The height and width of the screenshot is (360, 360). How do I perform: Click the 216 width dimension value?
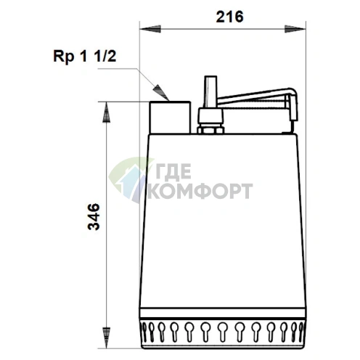click(x=229, y=17)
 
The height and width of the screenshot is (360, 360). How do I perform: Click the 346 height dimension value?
click(x=94, y=216)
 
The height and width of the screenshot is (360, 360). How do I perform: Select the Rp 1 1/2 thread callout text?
click(x=85, y=57)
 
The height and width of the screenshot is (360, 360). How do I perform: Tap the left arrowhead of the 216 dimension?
click(x=150, y=29)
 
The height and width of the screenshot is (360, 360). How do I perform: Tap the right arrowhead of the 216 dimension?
click(x=295, y=29)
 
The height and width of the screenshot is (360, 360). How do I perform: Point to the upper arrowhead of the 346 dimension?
click(x=106, y=112)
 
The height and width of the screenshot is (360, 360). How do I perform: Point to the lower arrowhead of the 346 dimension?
click(x=106, y=338)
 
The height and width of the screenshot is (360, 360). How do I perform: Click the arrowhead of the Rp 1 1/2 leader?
click(x=160, y=93)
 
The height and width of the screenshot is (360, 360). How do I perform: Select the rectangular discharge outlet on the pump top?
click(x=170, y=118)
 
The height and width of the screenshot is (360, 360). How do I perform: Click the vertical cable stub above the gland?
click(x=210, y=92)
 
